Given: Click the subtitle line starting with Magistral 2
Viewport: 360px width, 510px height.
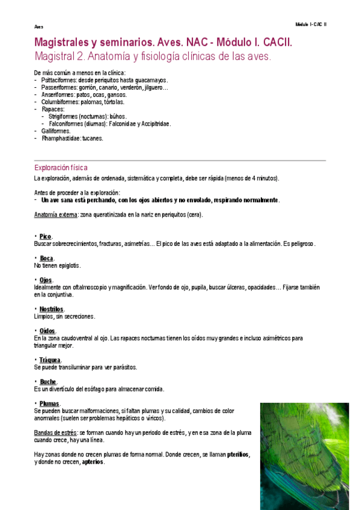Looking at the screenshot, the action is click(153, 57).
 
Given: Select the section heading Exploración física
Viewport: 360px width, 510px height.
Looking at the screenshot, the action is click(61, 168).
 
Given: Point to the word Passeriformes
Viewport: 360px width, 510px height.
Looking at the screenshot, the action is click(59, 87).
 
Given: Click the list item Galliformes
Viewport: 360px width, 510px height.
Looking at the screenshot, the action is click(56, 131).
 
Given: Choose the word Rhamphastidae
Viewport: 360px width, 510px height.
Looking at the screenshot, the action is click(61, 138).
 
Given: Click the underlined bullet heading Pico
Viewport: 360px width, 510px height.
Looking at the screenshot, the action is click(46, 236).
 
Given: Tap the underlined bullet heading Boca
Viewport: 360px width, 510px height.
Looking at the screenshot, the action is click(46, 258).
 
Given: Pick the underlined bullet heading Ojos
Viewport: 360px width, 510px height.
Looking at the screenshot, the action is click(46, 280).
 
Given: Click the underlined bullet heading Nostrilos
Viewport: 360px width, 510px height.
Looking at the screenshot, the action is click(52, 309).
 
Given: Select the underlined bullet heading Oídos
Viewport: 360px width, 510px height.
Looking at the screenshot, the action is click(47, 331).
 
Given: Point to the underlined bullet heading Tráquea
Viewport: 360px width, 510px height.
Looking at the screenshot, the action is click(50, 360).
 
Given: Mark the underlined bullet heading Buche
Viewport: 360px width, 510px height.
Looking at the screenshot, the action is click(48, 381).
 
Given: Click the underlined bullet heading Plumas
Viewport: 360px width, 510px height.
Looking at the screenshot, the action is click(50, 403).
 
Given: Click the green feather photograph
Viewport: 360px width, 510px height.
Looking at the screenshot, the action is click(304, 456).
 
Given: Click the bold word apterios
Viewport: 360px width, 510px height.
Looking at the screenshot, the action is click(93, 462).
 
